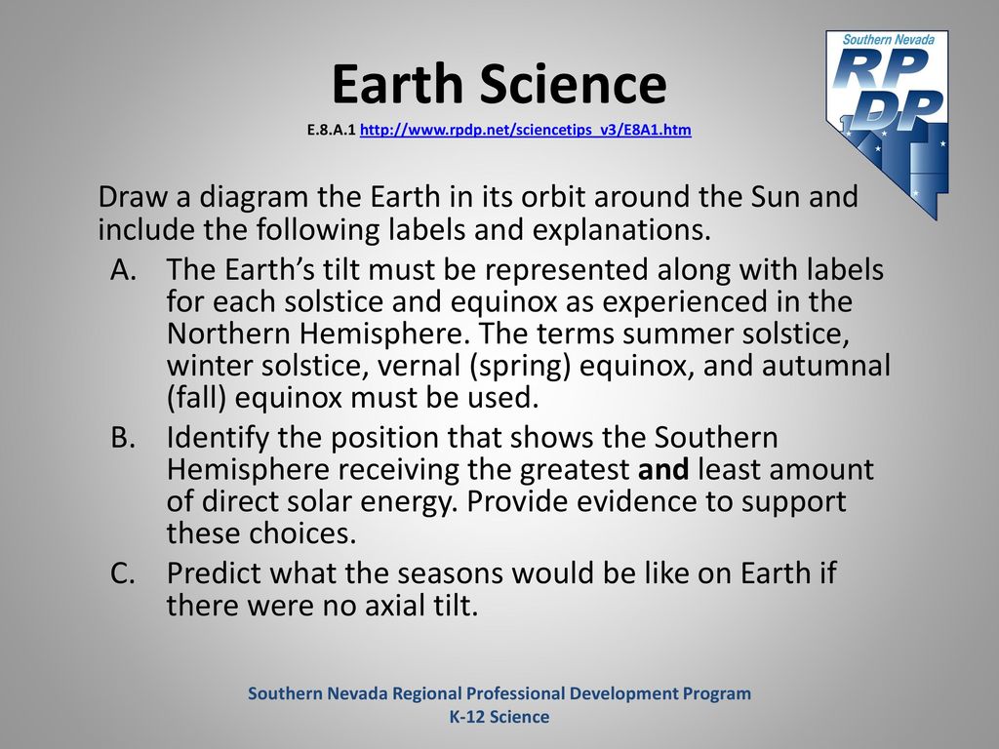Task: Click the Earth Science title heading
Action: pyautogui.click(x=499, y=84)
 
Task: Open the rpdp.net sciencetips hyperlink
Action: pyautogui.click(x=526, y=130)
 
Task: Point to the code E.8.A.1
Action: pyautogui.click(x=331, y=130)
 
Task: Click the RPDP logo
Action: pyautogui.click(x=888, y=124)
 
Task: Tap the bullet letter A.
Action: pyautogui.click(x=124, y=269)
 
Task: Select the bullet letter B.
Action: pyautogui.click(x=123, y=438)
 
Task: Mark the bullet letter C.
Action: pyautogui.click(x=122, y=573)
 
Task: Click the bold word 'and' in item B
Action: pyautogui.click(x=663, y=469)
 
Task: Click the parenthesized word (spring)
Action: pyautogui.click(x=520, y=367)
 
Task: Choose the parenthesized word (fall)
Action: pyautogui.click(x=197, y=398)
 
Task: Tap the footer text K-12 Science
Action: pyautogui.click(x=499, y=717)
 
